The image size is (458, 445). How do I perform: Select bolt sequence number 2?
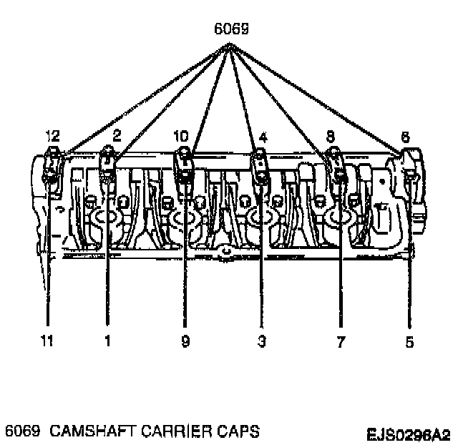(x=116, y=135)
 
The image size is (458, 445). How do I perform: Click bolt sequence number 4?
(x=263, y=135)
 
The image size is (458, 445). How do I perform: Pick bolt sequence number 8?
(x=330, y=135)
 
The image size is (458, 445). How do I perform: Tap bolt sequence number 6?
(x=405, y=135)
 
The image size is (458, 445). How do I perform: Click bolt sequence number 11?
(x=47, y=342)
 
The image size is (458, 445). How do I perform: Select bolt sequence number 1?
(x=108, y=342)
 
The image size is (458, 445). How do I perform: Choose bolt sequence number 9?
(x=185, y=342)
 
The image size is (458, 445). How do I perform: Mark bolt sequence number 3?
(x=261, y=342)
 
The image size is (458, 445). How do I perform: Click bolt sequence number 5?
(x=409, y=342)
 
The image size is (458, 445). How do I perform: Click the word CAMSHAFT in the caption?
(x=82, y=431)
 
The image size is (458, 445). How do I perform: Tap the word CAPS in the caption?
(x=235, y=431)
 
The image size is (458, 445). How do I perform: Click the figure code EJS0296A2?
(x=409, y=434)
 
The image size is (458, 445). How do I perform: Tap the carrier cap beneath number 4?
(x=259, y=167)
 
